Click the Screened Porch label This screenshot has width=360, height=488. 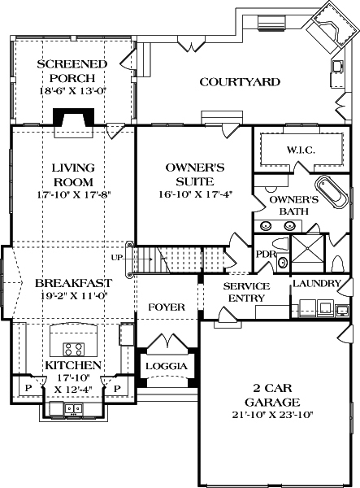click(x=72, y=71)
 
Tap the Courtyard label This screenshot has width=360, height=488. click(x=240, y=82)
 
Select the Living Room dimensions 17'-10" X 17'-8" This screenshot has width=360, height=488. click(x=74, y=195)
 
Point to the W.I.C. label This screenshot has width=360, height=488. click(x=301, y=150)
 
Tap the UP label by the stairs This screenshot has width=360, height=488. click(x=117, y=257)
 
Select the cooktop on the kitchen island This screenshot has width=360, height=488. click(x=74, y=349)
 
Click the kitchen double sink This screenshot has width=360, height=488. click(x=74, y=408)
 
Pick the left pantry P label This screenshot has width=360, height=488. click(x=28, y=388)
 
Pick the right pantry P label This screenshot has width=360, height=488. click(x=117, y=388)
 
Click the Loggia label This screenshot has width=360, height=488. click(x=167, y=366)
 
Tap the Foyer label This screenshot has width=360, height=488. click(x=167, y=307)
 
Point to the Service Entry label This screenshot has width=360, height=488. click(x=246, y=292)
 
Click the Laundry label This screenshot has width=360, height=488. click(x=317, y=283)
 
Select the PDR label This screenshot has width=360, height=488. click(x=266, y=254)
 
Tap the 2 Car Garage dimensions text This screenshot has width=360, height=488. click(x=272, y=415)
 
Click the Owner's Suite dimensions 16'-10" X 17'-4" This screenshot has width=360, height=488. click(x=196, y=194)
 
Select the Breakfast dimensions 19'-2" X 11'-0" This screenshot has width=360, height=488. click(x=74, y=295)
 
